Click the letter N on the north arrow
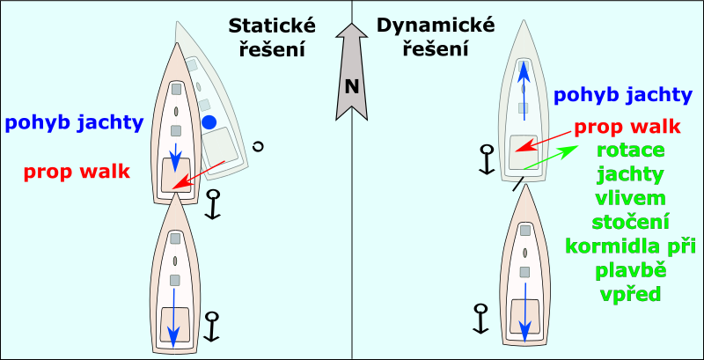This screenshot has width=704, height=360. click(352, 86)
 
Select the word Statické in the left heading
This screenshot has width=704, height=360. click(265, 26)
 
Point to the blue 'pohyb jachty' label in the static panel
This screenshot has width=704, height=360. click(74, 122)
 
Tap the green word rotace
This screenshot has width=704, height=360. click(629, 151)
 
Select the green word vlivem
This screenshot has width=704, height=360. click(629, 197)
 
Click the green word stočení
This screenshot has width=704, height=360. click(629, 221)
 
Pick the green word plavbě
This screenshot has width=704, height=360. click(629, 268)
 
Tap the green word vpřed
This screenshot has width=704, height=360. click(629, 292)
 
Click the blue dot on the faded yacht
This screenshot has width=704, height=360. click(209, 121)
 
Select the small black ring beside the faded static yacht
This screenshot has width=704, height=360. click(258, 147)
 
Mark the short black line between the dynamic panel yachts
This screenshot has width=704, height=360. click(519, 184)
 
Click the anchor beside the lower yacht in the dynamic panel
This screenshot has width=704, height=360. click(480, 318)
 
